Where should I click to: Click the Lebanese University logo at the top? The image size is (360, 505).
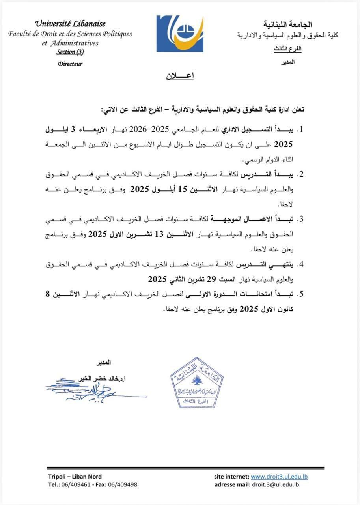pos(180,34)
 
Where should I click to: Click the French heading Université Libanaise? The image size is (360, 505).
pos(71,24)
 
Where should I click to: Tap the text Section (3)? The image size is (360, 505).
pos(70,52)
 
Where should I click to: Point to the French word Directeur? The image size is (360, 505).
pos(70,64)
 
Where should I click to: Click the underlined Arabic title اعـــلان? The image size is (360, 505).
pos(179,76)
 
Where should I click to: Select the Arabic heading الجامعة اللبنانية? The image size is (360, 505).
pos(292,25)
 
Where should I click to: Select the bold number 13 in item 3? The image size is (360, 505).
pos(159,234)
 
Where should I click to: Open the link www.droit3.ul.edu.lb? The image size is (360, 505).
pos(279,477)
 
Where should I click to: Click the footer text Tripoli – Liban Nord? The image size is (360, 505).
pos(75,477)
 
